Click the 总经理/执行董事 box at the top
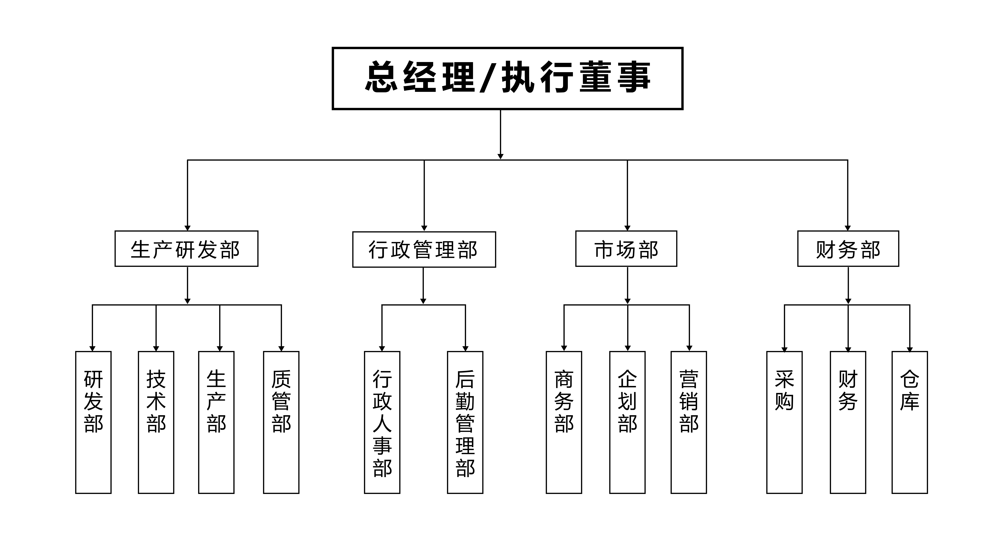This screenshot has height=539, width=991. (507, 78)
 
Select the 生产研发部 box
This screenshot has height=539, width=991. (187, 249)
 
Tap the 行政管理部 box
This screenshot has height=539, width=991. (424, 249)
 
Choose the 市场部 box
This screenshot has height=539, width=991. (626, 249)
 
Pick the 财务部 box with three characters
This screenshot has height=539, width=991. (848, 249)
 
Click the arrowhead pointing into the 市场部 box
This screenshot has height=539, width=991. (627, 228)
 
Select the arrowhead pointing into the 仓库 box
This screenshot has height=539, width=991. (910, 349)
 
